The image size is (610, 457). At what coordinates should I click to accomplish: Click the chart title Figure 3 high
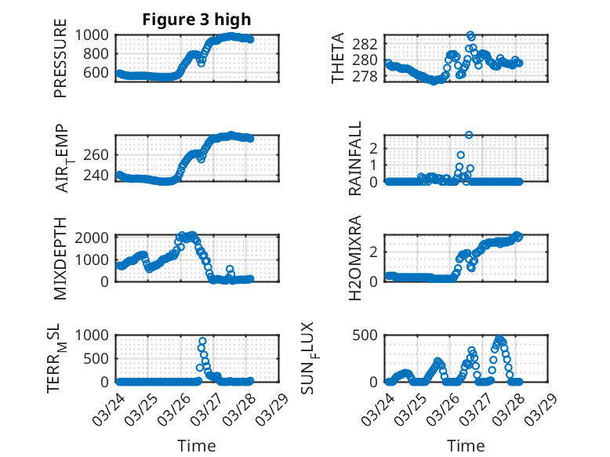pos(197,20)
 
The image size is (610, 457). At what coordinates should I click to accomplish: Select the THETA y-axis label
pos(338,58)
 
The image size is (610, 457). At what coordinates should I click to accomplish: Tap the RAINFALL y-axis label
pos(355,158)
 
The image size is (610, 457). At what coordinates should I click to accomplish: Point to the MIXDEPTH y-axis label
pos(60,258)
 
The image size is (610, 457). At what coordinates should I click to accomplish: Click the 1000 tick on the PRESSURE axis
pos(93,34)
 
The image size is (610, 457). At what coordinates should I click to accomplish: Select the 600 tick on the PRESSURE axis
pos(98,72)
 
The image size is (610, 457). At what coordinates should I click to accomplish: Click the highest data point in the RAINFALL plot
pos(469,135)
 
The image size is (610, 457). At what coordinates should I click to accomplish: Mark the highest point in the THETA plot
pos(470,34)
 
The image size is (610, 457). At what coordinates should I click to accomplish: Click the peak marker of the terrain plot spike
pos(202,342)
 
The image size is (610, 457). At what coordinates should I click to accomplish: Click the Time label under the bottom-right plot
pos(466,445)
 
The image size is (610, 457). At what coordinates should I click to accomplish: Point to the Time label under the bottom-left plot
pos(196,445)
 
